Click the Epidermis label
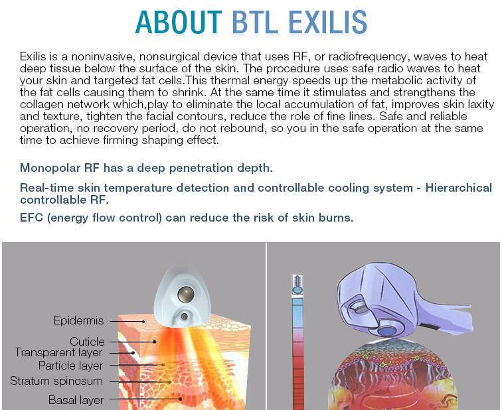click(79, 321)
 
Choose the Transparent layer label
click(58, 353)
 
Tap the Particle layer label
click(70, 366)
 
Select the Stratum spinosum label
click(56, 381)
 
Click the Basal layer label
click(76, 400)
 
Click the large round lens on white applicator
click(185, 294)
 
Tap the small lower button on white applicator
click(184, 317)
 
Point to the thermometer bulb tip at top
click(297, 284)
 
